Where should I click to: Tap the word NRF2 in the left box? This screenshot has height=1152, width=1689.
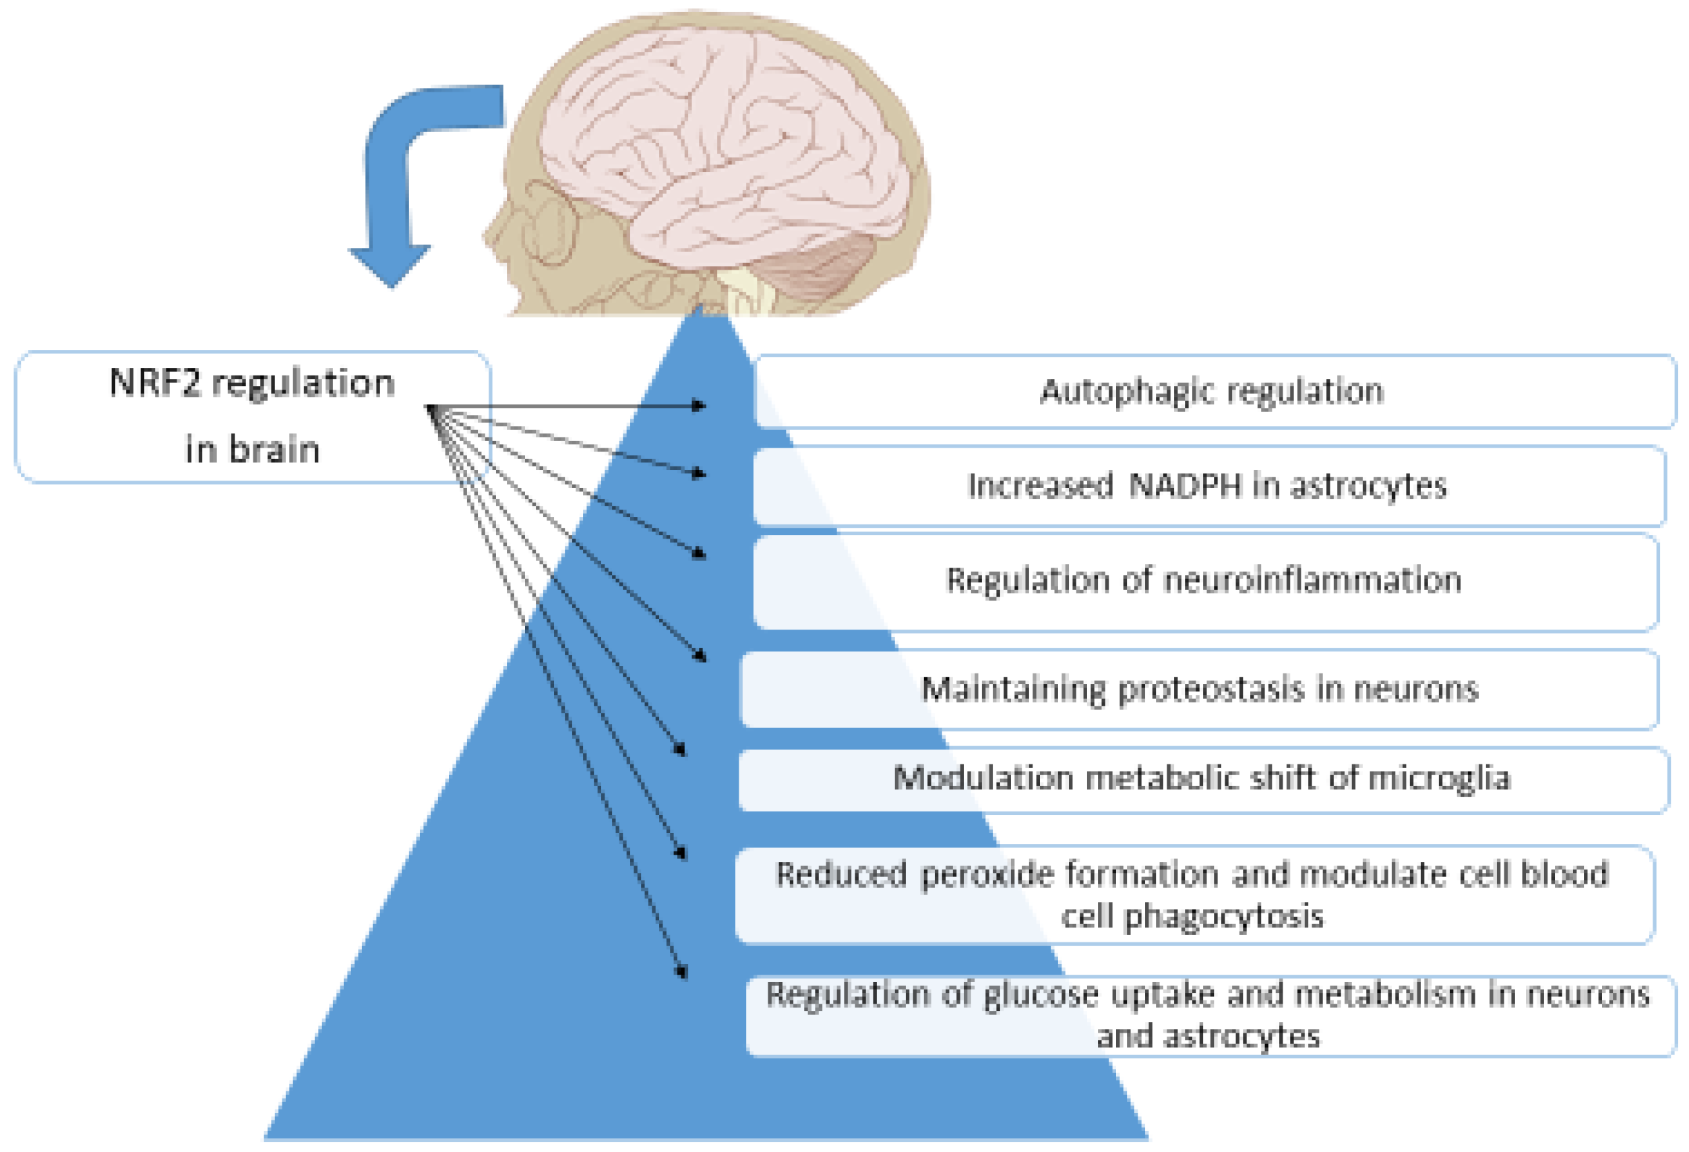click(x=154, y=383)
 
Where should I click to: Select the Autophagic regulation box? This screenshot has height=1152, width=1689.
click(x=1212, y=392)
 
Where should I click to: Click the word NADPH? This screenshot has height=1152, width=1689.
click(x=1186, y=485)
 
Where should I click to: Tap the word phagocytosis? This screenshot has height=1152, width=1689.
click(x=1224, y=916)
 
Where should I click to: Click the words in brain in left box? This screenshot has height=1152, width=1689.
click(x=252, y=449)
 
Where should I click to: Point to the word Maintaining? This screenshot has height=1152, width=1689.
click(x=1013, y=689)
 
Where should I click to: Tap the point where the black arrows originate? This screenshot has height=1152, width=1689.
click(x=430, y=409)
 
